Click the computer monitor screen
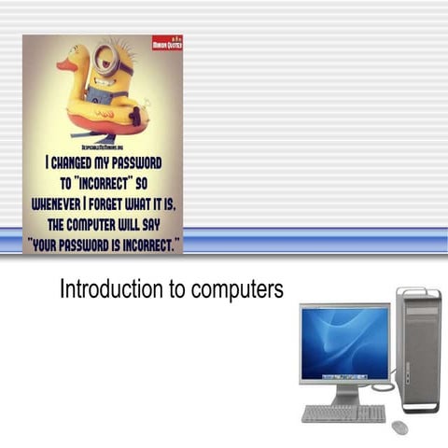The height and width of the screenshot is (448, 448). click(344, 343)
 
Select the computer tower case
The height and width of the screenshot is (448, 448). click(417, 349)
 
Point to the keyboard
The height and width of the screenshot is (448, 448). click(343, 413)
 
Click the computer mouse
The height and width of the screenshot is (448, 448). click(399, 427)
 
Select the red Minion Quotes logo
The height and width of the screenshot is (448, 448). click(167, 44)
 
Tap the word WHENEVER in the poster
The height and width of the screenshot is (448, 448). click(58, 201)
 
